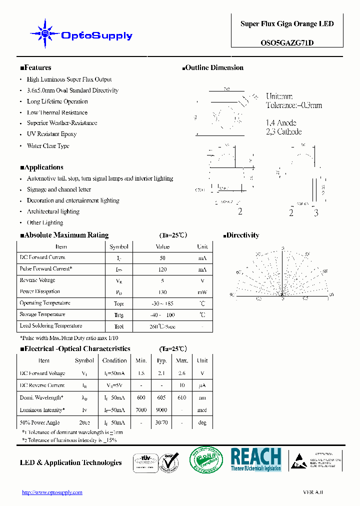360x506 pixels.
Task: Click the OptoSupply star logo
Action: click(45, 34)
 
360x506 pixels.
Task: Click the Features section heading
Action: click(35, 68)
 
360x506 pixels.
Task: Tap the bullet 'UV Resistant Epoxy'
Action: click(51, 134)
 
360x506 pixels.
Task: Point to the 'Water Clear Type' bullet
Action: click(48, 146)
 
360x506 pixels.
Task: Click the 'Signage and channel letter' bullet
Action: click(59, 189)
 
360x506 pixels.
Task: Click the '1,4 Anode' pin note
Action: click(281, 122)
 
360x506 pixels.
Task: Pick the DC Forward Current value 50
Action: click(162, 257)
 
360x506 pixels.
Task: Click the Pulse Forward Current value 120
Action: click(162, 269)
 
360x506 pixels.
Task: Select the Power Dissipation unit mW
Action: click(202, 292)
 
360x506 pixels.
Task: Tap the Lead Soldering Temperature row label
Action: click(50, 326)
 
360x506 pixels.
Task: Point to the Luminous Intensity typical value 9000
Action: click(161, 410)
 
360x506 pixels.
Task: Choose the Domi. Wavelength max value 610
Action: click(181, 398)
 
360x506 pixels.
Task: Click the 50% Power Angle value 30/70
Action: click(161, 422)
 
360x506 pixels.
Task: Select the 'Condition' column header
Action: click(114, 360)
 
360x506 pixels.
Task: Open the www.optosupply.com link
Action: click(52, 492)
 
